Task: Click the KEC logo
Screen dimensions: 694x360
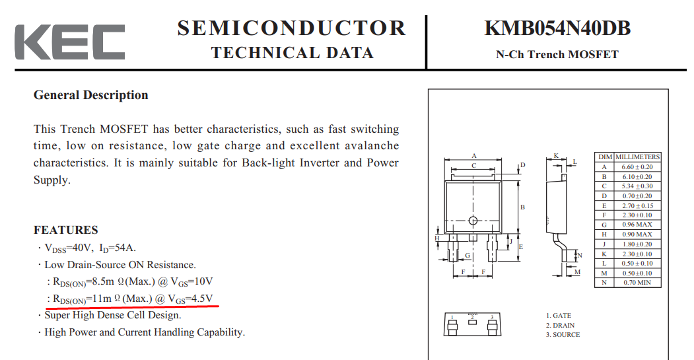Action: point(70,42)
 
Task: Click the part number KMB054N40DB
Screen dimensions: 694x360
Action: point(557,28)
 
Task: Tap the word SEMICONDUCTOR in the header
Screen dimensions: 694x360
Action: point(292,28)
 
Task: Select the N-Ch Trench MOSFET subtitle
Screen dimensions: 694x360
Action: point(557,54)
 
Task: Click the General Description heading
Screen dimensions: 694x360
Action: point(90,95)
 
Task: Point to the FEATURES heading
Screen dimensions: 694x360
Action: point(66,230)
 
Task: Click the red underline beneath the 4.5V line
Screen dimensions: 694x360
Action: point(132,305)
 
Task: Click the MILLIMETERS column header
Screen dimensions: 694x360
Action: point(637,157)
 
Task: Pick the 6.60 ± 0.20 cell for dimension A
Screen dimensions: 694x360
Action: point(637,167)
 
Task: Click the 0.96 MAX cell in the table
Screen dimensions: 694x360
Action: point(637,225)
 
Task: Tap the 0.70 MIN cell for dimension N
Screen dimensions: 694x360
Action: point(637,283)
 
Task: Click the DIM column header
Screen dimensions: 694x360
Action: point(605,157)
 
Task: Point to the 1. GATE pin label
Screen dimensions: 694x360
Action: point(559,316)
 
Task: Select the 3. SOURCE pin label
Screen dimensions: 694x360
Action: point(563,335)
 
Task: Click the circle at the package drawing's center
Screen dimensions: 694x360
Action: point(473,220)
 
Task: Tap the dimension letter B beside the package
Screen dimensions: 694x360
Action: point(522,207)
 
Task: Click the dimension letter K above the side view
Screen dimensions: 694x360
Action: point(557,156)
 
